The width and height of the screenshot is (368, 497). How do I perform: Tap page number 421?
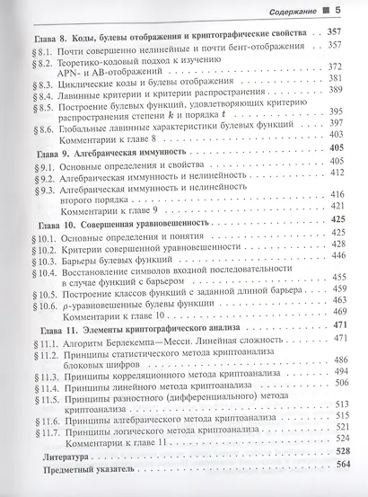[x=338, y=206]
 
